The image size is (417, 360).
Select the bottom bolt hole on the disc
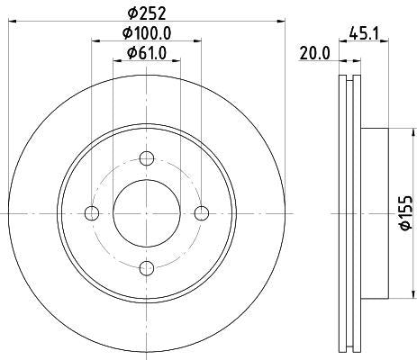(x=146, y=267)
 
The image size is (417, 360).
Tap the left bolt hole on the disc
(x=91, y=212)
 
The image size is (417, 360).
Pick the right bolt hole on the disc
(x=201, y=212)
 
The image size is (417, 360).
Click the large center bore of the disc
(x=146, y=212)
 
